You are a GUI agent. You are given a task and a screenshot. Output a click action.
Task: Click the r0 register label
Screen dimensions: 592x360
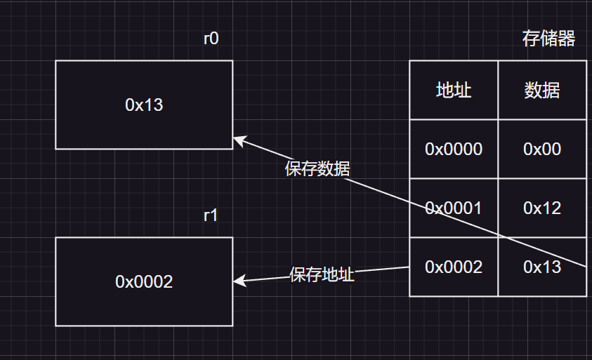pos(211,39)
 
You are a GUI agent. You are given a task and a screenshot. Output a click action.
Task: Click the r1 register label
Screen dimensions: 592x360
pos(211,215)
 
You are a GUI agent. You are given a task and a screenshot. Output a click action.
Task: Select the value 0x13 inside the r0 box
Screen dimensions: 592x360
pos(144,105)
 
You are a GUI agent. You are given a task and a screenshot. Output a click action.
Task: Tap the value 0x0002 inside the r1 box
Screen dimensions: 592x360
pos(144,282)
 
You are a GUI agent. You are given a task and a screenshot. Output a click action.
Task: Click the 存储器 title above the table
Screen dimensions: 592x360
pos(548,39)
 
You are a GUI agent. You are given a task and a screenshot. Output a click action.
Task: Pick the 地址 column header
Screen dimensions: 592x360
pos(454,91)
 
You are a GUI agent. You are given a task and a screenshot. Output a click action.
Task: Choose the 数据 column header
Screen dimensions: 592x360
pos(542,91)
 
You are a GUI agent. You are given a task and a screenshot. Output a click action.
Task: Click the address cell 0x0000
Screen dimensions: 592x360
pos(454,149)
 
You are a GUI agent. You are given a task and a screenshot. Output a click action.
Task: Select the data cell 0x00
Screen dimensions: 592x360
pos(542,149)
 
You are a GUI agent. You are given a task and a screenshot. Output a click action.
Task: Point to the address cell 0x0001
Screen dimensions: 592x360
pos(454,208)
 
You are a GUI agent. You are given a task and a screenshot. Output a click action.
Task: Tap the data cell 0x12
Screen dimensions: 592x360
pos(542,208)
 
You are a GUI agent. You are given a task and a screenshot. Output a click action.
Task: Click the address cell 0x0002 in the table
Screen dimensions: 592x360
pos(454,267)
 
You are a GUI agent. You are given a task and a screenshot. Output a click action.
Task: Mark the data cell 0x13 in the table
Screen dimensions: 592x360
pos(542,267)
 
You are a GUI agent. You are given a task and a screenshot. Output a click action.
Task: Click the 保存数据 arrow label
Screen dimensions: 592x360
pos(317,168)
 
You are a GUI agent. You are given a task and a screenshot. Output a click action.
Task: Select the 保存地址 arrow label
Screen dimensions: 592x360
pos(322,274)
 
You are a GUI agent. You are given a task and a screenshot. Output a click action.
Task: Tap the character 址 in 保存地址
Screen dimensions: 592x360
pos(347,274)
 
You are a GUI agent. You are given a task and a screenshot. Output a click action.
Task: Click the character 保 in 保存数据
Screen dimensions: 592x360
pos(293,168)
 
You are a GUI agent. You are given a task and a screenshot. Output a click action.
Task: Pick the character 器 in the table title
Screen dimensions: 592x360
pos(567,39)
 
